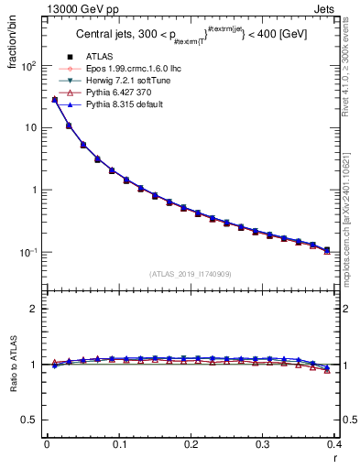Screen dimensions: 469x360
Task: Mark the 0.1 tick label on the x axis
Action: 118,445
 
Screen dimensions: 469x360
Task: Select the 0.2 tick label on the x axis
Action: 191,445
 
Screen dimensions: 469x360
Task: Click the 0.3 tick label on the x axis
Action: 263,445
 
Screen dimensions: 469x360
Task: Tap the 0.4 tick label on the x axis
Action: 334,445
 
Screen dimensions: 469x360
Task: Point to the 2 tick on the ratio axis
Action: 35,309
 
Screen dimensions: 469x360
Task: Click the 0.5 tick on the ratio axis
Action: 31,420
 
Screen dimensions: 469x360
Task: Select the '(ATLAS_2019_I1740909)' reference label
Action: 191,273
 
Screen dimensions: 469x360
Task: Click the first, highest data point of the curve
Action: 54,99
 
